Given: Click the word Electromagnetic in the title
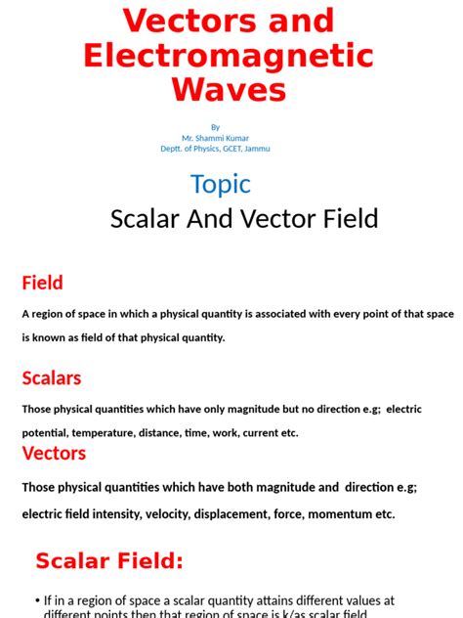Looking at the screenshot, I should [229, 55].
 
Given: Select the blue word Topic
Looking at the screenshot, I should [220, 184].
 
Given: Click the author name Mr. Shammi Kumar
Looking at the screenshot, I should [215, 138].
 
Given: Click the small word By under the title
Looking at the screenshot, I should [215, 127].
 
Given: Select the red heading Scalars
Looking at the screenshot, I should [52, 377].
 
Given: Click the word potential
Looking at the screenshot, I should [44, 433].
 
